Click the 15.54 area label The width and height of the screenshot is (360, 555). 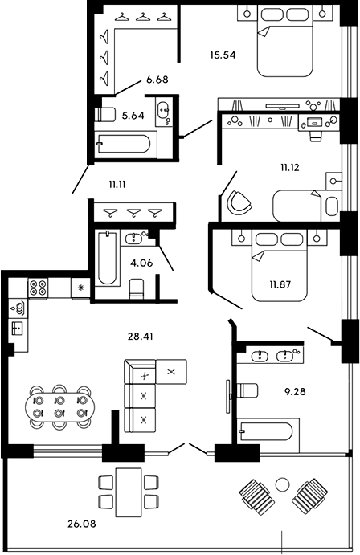coord(223,55)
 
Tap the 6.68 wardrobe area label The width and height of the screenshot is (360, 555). coord(157,80)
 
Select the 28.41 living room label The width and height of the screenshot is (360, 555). coord(140,337)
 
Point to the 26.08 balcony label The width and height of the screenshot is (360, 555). coord(81,524)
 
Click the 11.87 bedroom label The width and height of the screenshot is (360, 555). coord(280,284)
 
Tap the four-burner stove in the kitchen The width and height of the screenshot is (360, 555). coord(38,288)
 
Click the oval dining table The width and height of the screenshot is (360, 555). coord(59,407)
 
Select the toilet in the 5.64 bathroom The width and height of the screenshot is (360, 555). coord(105,115)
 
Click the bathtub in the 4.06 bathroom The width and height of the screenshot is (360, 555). coord(107,257)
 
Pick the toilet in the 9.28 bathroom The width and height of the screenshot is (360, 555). coord(247,391)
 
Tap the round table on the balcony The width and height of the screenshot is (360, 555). coord(283,484)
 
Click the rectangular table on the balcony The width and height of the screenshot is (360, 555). coord(129,492)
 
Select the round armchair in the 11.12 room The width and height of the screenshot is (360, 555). coord(240,202)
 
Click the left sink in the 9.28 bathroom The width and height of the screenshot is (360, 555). coord(260,356)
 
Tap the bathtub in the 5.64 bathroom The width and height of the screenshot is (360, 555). coord(124,143)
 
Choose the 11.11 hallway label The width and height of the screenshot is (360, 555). coord(118,184)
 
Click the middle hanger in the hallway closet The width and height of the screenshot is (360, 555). coord(133,213)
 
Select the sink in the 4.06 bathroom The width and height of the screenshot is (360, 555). coord(134,238)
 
